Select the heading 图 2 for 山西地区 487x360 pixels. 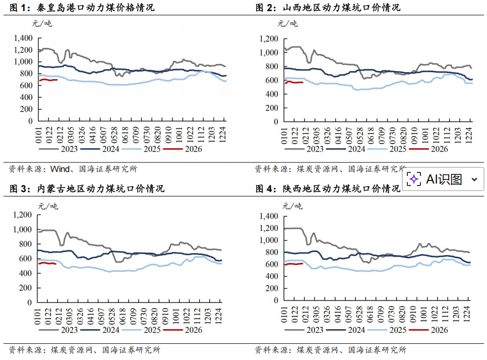click(x=327, y=8)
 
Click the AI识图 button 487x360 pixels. click(x=443, y=179)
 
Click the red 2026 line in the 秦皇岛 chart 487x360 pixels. click(x=48, y=80)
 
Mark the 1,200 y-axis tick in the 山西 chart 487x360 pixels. click(x=269, y=38)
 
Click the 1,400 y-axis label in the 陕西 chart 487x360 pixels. click(x=269, y=216)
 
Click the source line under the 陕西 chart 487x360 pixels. click(x=330, y=350)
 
